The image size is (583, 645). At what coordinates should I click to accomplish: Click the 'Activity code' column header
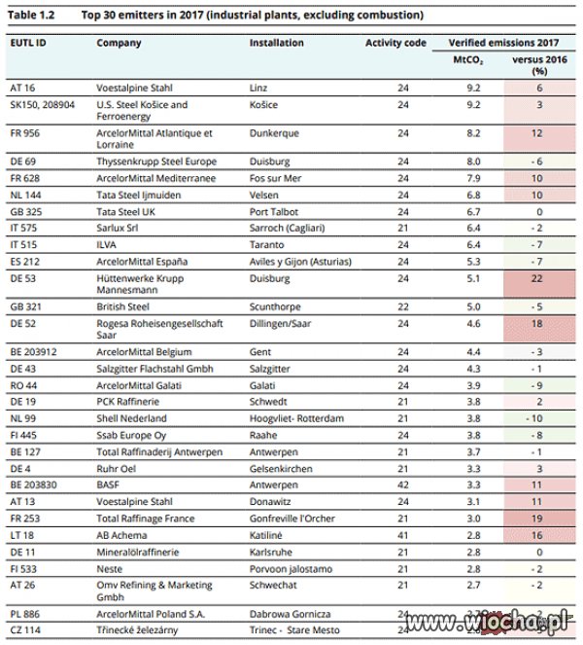pyautogui.click(x=395, y=43)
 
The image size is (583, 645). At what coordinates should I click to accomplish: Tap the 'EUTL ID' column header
pyautogui.click(x=28, y=43)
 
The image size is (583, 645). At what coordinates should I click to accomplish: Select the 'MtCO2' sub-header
pyautogui.click(x=468, y=60)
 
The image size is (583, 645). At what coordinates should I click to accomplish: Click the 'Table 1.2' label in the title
pyautogui.click(x=31, y=16)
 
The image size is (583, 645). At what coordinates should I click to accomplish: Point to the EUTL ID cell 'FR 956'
pyautogui.click(x=25, y=133)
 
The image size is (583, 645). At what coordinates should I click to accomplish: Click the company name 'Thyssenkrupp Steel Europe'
pyautogui.click(x=156, y=161)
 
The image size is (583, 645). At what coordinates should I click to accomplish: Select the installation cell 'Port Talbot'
pyautogui.click(x=274, y=212)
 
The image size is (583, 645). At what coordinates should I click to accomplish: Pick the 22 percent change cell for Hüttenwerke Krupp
pyautogui.click(x=536, y=278)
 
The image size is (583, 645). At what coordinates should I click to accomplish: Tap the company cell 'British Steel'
pyautogui.click(x=122, y=306)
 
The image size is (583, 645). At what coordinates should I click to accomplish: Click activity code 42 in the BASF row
pyautogui.click(x=403, y=485)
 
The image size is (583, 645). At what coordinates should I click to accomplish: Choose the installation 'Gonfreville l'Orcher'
pyautogui.click(x=292, y=519)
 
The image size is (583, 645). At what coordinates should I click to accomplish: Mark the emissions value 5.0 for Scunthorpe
pyautogui.click(x=473, y=306)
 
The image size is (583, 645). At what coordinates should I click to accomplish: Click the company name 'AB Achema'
pyautogui.click(x=121, y=536)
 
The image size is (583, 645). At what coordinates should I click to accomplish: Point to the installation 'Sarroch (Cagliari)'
pyautogui.click(x=288, y=229)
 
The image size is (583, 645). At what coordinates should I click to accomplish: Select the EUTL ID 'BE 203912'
pyautogui.click(x=33, y=352)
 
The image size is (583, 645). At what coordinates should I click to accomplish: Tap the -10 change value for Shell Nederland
pyautogui.click(x=534, y=418)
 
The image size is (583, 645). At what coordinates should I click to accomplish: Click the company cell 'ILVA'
pyautogui.click(x=107, y=245)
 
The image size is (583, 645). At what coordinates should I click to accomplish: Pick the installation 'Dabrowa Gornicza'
pyautogui.click(x=291, y=614)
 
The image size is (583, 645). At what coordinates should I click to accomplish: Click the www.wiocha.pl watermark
pyautogui.click(x=487, y=622)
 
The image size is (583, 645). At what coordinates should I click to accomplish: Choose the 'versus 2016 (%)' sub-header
pyautogui.click(x=539, y=65)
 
